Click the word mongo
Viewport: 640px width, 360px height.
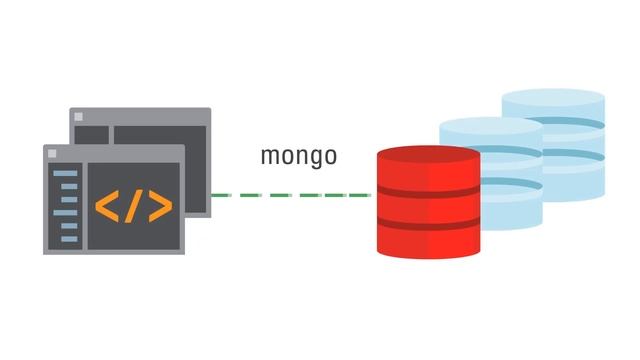[x=298, y=156]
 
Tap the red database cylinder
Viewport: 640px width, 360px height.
[x=428, y=205]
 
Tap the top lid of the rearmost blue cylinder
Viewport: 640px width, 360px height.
[x=553, y=101]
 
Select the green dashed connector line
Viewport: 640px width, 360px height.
[x=290, y=195]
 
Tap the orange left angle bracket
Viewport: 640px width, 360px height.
[x=107, y=206]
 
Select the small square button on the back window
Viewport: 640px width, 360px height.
[x=80, y=117]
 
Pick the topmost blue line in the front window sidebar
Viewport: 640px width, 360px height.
[x=65, y=173]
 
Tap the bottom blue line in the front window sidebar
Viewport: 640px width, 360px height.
[x=65, y=238]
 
